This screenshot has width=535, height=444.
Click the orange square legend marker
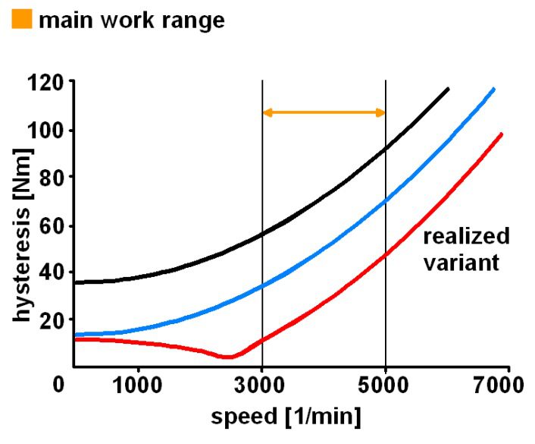pos(22,19)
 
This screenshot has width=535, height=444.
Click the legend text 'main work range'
pos(131,19)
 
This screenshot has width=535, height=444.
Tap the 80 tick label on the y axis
pos(51,177)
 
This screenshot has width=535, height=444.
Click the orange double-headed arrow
pos(324,112)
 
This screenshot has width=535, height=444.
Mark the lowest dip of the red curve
pos(227,357)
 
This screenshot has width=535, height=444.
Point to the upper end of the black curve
pos(448,89)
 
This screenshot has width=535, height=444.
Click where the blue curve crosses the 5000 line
pos(386,201)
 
